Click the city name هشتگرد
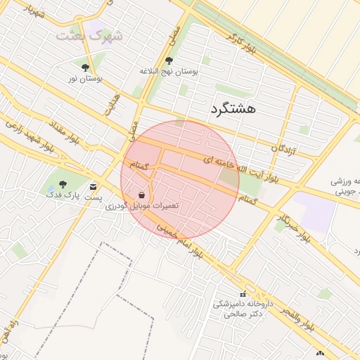coord(233,109)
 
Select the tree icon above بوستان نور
coord(86,67)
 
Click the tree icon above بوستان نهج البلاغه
coord(169,60)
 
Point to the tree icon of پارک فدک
coord(63,184)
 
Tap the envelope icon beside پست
coord(94,187)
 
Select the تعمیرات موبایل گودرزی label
coord(143,206)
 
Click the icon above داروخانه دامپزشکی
coord(243,294)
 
